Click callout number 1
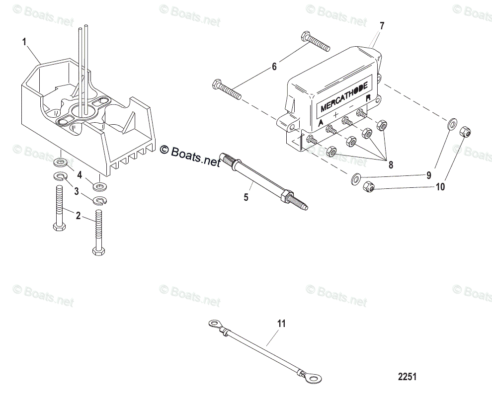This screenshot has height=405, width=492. [24, 42]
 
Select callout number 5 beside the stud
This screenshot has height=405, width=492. [246, 197]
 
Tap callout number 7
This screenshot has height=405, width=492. [381, 25]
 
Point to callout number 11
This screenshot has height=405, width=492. [282, 324]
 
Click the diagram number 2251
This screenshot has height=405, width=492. [407, 377]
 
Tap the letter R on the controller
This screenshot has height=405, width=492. [368, 99]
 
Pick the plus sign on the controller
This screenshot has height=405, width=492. [335, 116]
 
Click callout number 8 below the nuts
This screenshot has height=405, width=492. [391, 165]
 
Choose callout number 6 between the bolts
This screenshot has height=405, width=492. [274, 66]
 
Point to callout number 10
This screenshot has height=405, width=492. [440, 187]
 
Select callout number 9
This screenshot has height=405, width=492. [429, 175]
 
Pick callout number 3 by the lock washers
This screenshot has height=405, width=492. [77, 191]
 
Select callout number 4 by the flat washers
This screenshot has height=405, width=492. [79, 175]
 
